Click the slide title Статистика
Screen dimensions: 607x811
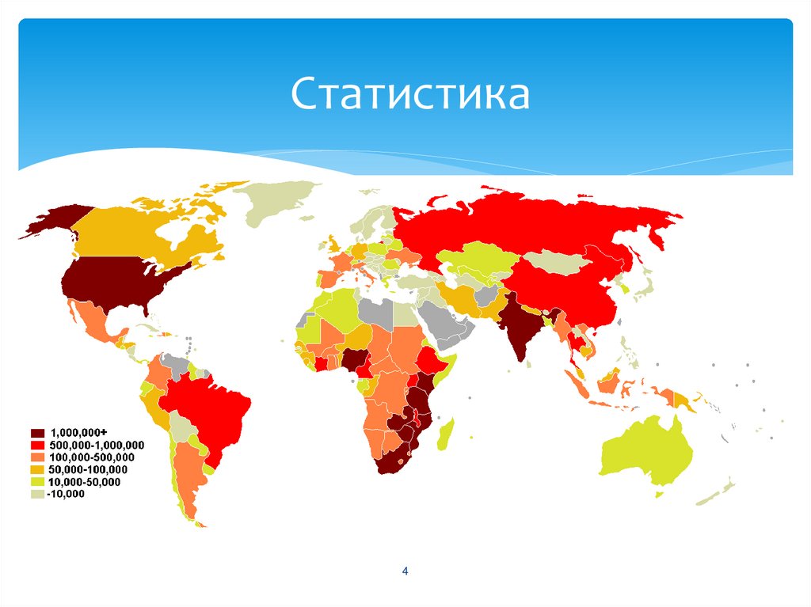[x=409, y=93]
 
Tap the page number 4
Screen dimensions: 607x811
[x=405, y=571]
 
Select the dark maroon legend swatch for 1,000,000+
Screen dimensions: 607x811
[x=37, y=432]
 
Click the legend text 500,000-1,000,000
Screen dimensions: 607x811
[x=97, y=445]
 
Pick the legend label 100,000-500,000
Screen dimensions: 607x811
[x=92, y=457]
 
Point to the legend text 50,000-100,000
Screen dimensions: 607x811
[x=89, y=470]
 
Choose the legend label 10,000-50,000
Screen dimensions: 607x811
[x=86, y=482]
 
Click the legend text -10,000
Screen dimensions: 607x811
[x=67, y=495]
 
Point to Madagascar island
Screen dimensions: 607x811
[x=445, y=434]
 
